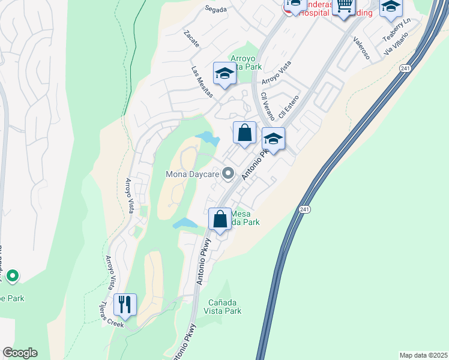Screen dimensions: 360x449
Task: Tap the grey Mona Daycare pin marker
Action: [x=228, y=174]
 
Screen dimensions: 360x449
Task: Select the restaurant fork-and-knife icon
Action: [x=125, y=305]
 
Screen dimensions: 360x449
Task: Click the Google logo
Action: [x=20, y=353]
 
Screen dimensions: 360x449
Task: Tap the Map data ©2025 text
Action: [x=423, y=355]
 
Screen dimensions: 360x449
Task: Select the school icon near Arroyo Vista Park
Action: [x=224, y=74]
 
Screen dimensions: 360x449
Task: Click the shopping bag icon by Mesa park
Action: [x=220, y=219]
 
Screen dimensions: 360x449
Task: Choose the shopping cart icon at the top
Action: [x=343, y=7]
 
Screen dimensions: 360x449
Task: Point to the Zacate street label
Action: [x=192, y=39]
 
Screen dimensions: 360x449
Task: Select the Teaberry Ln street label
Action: [x=396, y=29]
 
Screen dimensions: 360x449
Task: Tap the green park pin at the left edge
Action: [x=12, y=276]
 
